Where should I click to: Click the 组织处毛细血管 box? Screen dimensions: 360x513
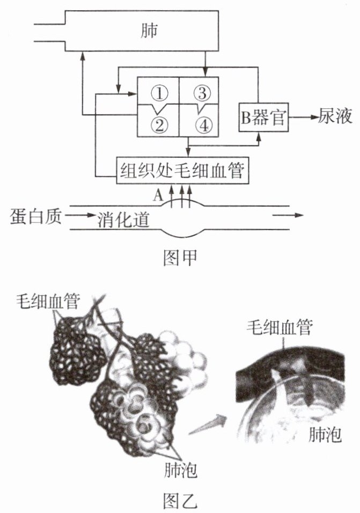click(182, 171)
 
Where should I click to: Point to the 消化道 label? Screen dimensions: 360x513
click(123, 219)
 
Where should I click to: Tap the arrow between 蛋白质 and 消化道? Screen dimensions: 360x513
click(80, 217)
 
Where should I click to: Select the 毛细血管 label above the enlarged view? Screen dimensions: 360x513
click(280, 326)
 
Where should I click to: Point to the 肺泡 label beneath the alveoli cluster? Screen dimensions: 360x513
click(180, 471)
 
